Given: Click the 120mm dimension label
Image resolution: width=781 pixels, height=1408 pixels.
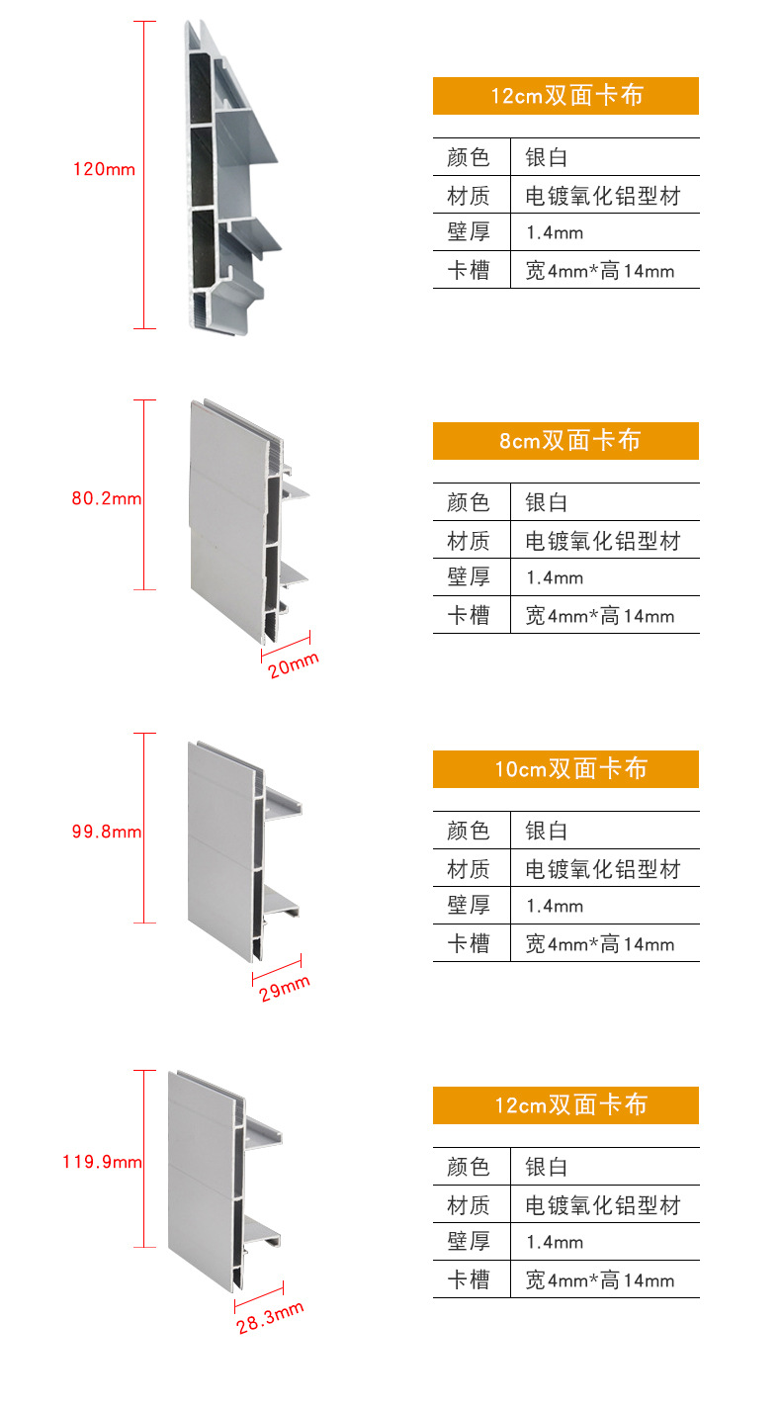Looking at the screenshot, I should (x=104, y=169).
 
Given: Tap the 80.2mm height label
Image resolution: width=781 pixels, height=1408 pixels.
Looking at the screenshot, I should (x=107, y=498).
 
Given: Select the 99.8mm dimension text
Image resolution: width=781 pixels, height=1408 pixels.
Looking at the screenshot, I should (x=107, y=832).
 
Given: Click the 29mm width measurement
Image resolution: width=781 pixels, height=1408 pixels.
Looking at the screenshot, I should (x=285, y=988).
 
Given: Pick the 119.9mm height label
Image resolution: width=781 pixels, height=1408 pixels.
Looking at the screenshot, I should (x=103, y=1162).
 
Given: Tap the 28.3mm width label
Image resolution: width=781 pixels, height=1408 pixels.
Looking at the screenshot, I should (x=270, y=1318).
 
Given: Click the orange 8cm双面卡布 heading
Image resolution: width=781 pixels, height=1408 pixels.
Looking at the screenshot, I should (x=565, y=441).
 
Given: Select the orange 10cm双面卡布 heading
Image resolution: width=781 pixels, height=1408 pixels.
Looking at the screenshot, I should (x=565, y=769).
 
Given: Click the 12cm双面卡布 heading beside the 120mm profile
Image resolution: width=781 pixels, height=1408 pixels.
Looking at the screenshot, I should (x=565, y=96).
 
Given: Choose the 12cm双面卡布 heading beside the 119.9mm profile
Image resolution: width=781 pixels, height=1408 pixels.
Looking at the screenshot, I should (x=565, y=1105).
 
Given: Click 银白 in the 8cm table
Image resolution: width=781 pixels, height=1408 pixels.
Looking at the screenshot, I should (x=546, y=502).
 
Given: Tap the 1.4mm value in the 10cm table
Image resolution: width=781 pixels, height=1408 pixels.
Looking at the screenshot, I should (x=555, y=906).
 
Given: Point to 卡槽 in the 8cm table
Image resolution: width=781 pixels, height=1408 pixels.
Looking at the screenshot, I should (x=469, y=616).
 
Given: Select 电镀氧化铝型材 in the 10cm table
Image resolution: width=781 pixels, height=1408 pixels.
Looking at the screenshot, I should (x=603, y=870).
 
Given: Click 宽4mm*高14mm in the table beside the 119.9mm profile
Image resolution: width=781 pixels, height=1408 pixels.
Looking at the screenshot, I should (x=600, y=1280).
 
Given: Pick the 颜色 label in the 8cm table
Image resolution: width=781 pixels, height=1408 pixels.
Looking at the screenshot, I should (x=469, y=502).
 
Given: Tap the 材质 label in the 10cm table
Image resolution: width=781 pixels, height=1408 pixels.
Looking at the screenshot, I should (x=469, y=870).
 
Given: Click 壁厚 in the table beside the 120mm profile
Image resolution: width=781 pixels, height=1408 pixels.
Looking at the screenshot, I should (x=469, y=232).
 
